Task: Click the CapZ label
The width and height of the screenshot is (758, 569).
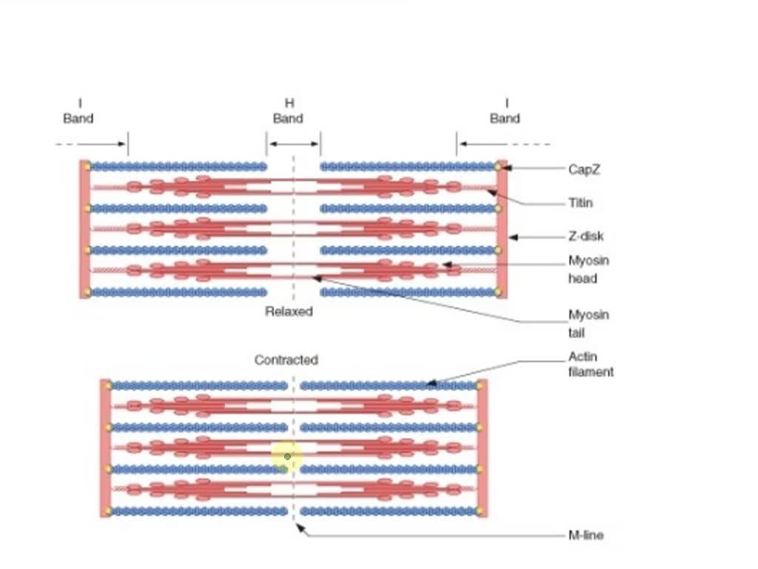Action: [584, 170]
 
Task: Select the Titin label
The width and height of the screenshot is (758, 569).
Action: [580, 203]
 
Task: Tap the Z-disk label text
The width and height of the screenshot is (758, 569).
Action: [586, 236]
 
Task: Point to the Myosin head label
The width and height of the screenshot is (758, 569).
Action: [588, 270]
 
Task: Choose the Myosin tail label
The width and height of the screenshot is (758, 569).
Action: [588, 324]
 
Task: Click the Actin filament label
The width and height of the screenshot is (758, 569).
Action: [591, 365]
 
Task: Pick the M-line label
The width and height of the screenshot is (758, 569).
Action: [586, 535]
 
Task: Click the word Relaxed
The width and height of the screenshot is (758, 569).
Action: [289, 311]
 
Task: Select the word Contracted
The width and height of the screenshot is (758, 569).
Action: [286, 360]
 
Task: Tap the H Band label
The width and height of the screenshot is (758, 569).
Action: [288, 111]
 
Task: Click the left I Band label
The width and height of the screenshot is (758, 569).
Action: [78, 111]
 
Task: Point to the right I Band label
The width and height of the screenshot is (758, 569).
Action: [505, 111]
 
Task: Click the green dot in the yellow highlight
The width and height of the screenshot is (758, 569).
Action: [288, 456]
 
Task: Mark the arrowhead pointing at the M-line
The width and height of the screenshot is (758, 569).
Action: [301, 528]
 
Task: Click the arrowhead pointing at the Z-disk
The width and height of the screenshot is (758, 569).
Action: [514, 237]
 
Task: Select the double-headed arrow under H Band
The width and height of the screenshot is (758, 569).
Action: [294, 144]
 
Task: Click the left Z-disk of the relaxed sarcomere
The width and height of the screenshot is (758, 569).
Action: [85, 230]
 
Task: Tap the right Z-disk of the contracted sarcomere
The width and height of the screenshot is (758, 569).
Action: [483, 448]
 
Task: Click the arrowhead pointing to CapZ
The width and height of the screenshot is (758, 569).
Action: [506, 168]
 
